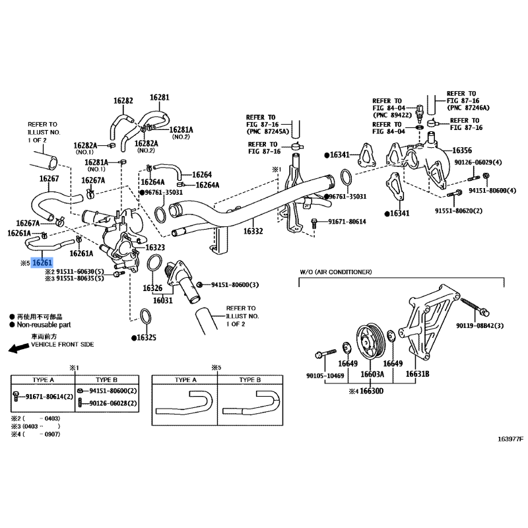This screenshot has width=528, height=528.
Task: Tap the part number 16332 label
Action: pos(253,232)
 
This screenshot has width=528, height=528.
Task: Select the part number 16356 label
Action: pos(461,150)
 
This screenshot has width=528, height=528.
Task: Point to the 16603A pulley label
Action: pos(372,374)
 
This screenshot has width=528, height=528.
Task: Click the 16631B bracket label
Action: pos(416,374)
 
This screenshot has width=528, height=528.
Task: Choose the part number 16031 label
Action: pos(162,300)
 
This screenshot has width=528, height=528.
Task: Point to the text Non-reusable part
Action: pos(44,325)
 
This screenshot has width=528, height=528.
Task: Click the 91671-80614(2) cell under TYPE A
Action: pos(49,395)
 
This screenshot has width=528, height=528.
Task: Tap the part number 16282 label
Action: pos(123,101)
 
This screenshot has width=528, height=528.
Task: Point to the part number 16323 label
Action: pos(155,247)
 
